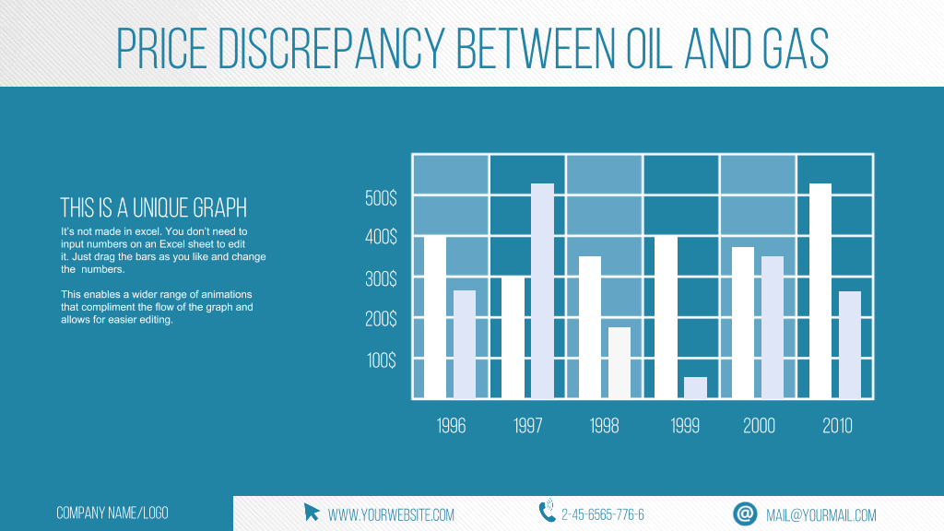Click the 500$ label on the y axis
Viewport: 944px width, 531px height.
click(x=381, y=198)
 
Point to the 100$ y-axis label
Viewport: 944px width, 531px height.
click(x=382, y=360)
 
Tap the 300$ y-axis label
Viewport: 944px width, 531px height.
click(x=381, y=278)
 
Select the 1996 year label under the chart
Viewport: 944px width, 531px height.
click(x=451, y=426)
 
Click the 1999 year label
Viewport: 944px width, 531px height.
click(x=685, y=426)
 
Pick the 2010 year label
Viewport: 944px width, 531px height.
click(x=837, y=426)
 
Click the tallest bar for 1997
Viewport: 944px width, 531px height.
click(x=542, y=290)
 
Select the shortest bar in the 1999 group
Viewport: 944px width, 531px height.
click(x=695, y=388)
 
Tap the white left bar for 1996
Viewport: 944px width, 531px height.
click(x=435, y=317)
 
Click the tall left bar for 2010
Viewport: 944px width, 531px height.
click(x=820, y=290)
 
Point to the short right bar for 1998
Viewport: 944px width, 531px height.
click(x=619, y=363)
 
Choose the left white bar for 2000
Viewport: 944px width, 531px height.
click(x=743, y=323)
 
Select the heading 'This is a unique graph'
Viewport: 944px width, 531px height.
click(x=154, y=207)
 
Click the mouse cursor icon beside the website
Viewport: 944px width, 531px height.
click(x=312, y=513)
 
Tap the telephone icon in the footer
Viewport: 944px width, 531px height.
click(x=547, y=510)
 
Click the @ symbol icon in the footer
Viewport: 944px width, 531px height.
click(x=745, y=513)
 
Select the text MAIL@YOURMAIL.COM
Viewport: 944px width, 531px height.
click(x=821, y=515)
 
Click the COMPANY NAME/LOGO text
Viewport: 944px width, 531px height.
click(x=112, y=513)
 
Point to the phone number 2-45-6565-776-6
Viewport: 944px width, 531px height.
click(x=603, y=514)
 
